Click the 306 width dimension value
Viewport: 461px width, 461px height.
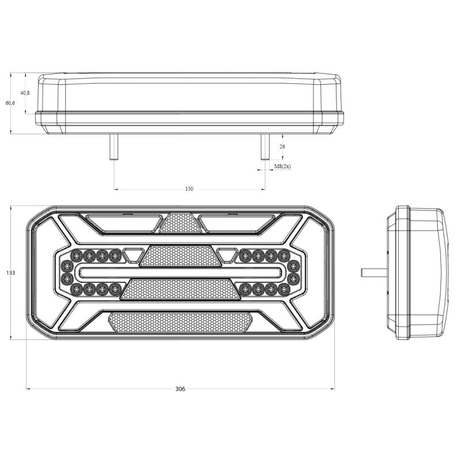point(180,389)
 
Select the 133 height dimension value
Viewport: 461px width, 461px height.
point(10,273)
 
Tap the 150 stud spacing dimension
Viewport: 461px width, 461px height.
point(190,189)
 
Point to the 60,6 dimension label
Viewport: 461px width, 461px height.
point(10,103)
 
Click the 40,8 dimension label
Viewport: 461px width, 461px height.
point(25,93)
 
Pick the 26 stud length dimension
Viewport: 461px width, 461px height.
point(282,146)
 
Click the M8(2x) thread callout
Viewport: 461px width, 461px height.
point(282,167)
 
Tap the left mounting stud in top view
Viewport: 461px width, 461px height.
point(114,147)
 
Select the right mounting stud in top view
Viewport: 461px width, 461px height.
point(265,147)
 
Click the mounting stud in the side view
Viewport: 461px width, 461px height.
point(374,273)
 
